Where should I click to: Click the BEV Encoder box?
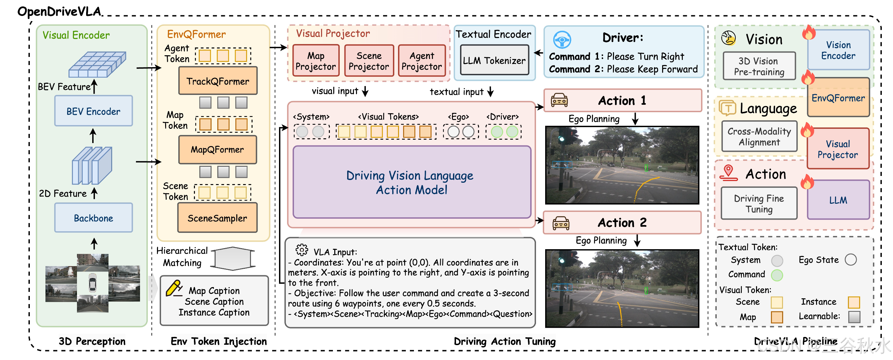tap(93, 111)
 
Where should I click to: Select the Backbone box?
tap(93, 218)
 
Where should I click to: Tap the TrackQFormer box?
tap(218, 81)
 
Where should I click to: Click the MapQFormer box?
tap(217, 150)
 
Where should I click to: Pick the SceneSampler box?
tap(217, 218)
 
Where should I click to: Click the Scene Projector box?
tap(369, 61)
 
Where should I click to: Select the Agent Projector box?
tap(421, 61)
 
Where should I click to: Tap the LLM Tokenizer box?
tap(494, 60)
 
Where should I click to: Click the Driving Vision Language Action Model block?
tap(412, 182)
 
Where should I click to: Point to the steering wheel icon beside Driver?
tap(562, 40)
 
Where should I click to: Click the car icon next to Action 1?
tap(559, 100)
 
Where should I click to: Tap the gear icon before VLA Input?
tap(302, 250)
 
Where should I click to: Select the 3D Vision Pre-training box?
tap(759, 66)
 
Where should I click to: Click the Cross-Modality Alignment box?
tap(759, 137)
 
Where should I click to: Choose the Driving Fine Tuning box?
tap(759, 203)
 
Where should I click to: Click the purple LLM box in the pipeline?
tap(838, 200)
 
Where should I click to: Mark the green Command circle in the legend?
tap(777, 275)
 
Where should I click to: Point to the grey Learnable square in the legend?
tap(854, 317)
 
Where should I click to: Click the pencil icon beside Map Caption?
tap(174, 288)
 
